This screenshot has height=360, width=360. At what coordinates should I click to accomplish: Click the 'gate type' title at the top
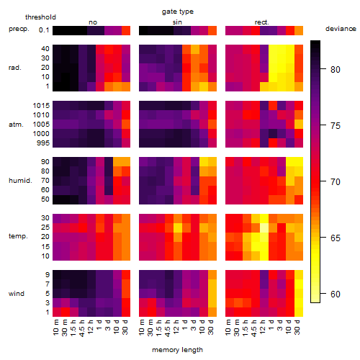[x=178, y=12]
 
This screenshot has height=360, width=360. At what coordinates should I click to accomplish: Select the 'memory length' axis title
[x=177, y=350]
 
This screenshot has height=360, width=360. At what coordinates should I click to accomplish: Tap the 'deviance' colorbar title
[x=341, y=29]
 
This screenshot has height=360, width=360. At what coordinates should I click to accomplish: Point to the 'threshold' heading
[x=40, y=17]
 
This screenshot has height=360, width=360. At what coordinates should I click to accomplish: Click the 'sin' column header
[x=177, y=22]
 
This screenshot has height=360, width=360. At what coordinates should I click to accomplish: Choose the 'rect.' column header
[x=261, y=22]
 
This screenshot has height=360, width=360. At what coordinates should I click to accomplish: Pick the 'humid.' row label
[x=20, y=181]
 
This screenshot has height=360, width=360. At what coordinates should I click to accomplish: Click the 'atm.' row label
[x=16, y=125]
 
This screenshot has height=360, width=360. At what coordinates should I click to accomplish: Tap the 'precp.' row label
[x=19, y=29]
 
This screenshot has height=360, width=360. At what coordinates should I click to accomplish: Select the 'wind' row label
[x=17, y=294]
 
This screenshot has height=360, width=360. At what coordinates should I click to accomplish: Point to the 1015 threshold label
[x=41, y=106]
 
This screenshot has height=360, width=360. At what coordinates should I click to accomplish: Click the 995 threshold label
[x=43, y=143]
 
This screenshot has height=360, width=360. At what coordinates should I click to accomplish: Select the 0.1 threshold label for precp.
[x=44, y=30]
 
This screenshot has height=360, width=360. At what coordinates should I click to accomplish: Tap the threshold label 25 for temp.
[x=45, y=228]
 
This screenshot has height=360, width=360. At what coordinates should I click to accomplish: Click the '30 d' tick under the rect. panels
[x=297, y=327]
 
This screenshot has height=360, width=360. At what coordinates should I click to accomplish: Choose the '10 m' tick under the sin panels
[x=142, y=328]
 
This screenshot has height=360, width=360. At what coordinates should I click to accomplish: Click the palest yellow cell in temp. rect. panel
[x=264, y=228]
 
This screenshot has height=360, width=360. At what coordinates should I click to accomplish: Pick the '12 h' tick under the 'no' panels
[x=90, y=327]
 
